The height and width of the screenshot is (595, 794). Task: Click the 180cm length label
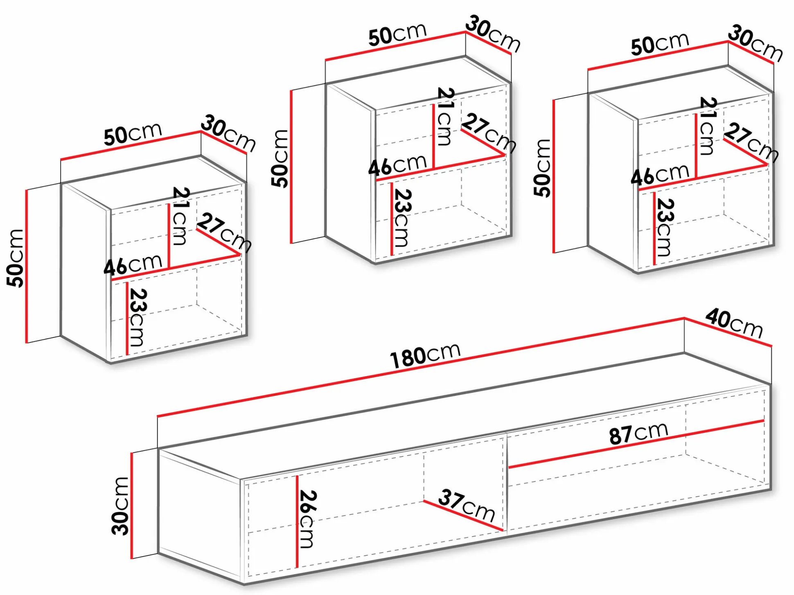pos(425,355)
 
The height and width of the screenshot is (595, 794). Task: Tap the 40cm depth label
pos(734,323)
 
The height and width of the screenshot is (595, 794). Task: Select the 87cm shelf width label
pos(638,433)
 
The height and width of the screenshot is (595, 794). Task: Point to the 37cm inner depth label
pos(467,505)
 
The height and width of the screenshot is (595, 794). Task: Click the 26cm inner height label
pos(308,519)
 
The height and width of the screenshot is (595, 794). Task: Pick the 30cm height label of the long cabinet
pos(120,506)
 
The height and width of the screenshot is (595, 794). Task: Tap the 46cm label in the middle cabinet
pos(397,165)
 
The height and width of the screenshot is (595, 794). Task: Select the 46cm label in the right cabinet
pos(660,174)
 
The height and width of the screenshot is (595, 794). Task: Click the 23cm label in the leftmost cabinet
pos(138,318)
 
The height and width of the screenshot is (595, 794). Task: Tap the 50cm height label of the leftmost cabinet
pos(15,258)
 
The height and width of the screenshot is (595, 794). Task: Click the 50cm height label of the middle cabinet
pos(280,158)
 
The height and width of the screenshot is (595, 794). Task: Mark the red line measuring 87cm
pos(636,444)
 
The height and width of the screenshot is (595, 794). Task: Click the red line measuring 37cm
pos(463,516)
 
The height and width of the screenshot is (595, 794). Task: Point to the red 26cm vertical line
pos(297,522)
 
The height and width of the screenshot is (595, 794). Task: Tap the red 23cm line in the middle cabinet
pos(392,219)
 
